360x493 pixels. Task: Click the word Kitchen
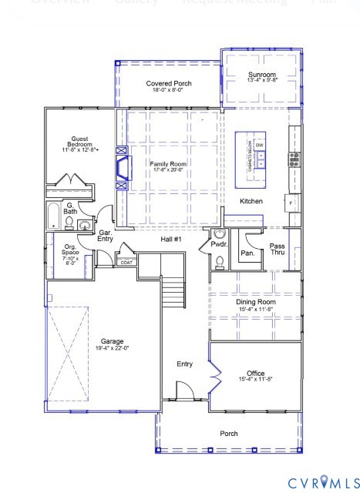(251, 201)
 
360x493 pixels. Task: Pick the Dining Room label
(255, 305)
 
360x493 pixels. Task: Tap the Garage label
(112, 344)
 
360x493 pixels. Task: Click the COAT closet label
(126, 263)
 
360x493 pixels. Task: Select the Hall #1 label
(170, 240)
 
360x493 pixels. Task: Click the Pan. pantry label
(247, 253)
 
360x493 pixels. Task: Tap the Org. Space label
(70, 252)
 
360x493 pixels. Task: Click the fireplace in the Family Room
(121, 168)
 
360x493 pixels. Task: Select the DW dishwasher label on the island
(260, 146)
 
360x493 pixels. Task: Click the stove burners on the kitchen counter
(294, 159)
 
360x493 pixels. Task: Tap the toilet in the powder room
(218, 261)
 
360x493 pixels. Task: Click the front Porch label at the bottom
(229, 434)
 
